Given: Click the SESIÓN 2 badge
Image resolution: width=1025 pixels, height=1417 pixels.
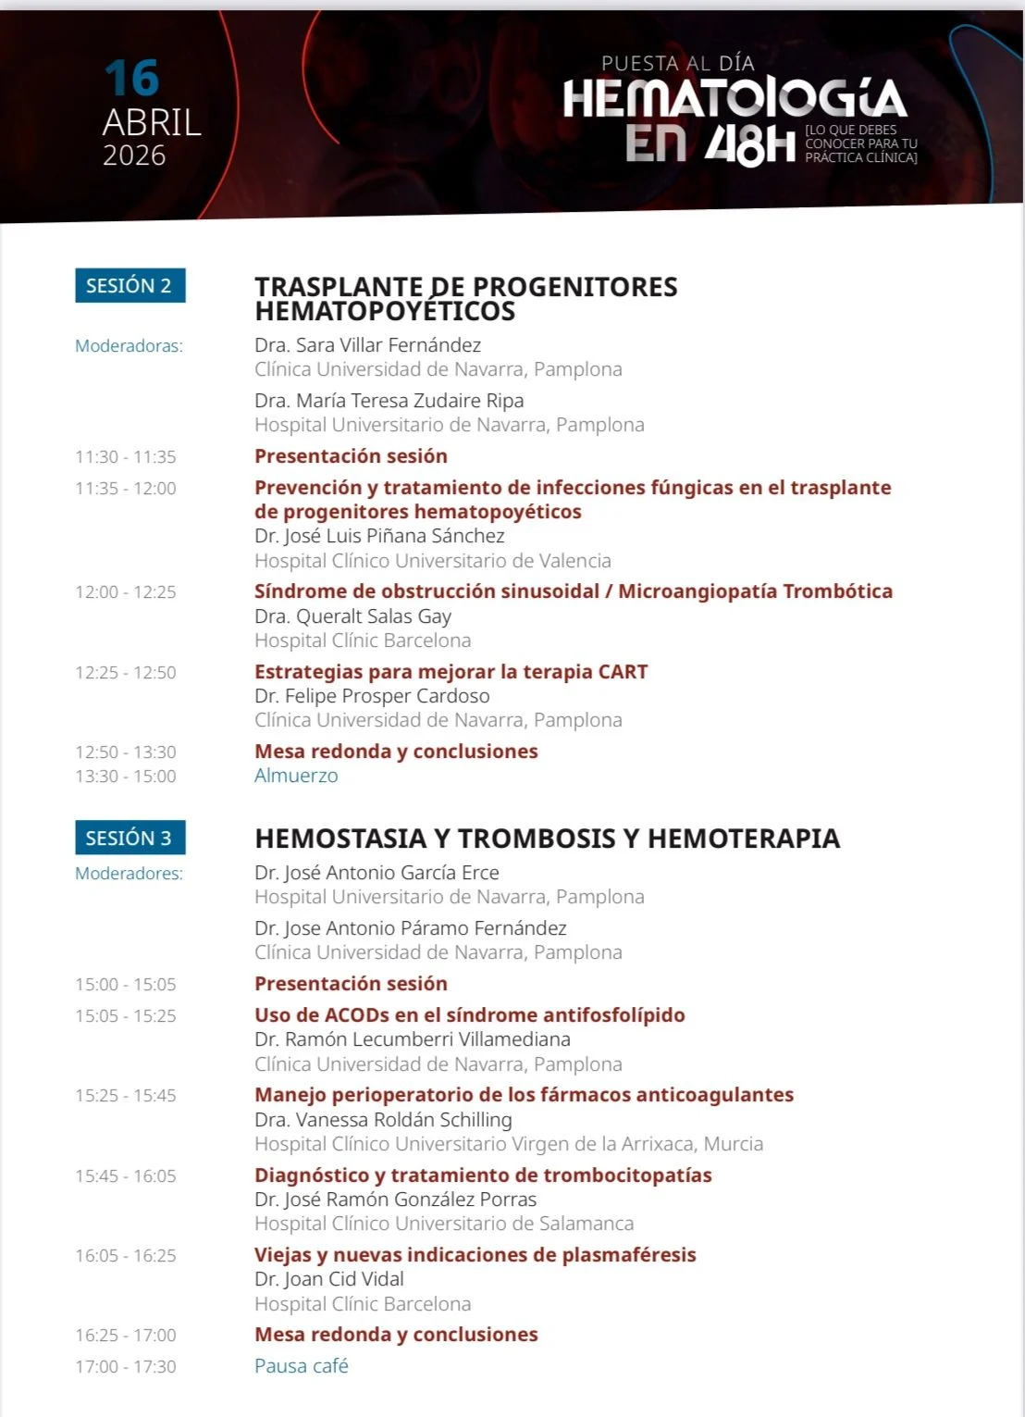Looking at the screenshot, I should pos(130,285).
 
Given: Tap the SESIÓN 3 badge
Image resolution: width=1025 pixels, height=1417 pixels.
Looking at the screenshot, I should pos(130,838).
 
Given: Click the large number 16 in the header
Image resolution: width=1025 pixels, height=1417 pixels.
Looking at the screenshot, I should pos(131,78).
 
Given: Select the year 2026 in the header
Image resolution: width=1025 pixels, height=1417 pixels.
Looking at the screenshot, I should pos(134,155).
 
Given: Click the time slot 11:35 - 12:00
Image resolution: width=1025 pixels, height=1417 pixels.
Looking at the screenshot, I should pos(126,489).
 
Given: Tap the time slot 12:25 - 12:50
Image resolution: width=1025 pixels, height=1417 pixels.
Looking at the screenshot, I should pos(126,673).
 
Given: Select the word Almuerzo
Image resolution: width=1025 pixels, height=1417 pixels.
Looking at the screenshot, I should pos(296,776).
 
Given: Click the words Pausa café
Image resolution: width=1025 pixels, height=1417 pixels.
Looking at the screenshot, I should pos(302,1366).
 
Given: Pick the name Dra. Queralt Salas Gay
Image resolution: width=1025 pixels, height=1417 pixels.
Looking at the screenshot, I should pos(352,616).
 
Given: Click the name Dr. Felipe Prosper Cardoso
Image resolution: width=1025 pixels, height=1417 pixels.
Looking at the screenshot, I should pos(372,696).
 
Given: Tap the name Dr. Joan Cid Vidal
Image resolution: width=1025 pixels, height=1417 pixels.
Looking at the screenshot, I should pos(329,1279).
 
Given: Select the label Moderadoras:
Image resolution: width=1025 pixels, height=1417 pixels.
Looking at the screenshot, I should pos(129,346).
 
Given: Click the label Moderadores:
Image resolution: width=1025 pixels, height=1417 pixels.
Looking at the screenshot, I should pos(129,874).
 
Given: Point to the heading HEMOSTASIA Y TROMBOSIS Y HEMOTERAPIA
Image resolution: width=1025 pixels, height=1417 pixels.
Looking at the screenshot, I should pos(547,839).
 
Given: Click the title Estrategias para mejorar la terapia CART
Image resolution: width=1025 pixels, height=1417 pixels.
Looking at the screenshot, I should pos(451,672).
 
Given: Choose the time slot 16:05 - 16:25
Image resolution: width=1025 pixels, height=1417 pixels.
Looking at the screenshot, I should pos(126,1256).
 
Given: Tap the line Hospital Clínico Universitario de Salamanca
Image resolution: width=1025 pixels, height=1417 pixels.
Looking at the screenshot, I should pos(444,1224).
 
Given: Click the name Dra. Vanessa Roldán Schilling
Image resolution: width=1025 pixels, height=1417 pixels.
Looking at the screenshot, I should pos(383,1120).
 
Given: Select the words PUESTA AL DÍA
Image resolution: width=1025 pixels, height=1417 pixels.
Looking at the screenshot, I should pos(678,63).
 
